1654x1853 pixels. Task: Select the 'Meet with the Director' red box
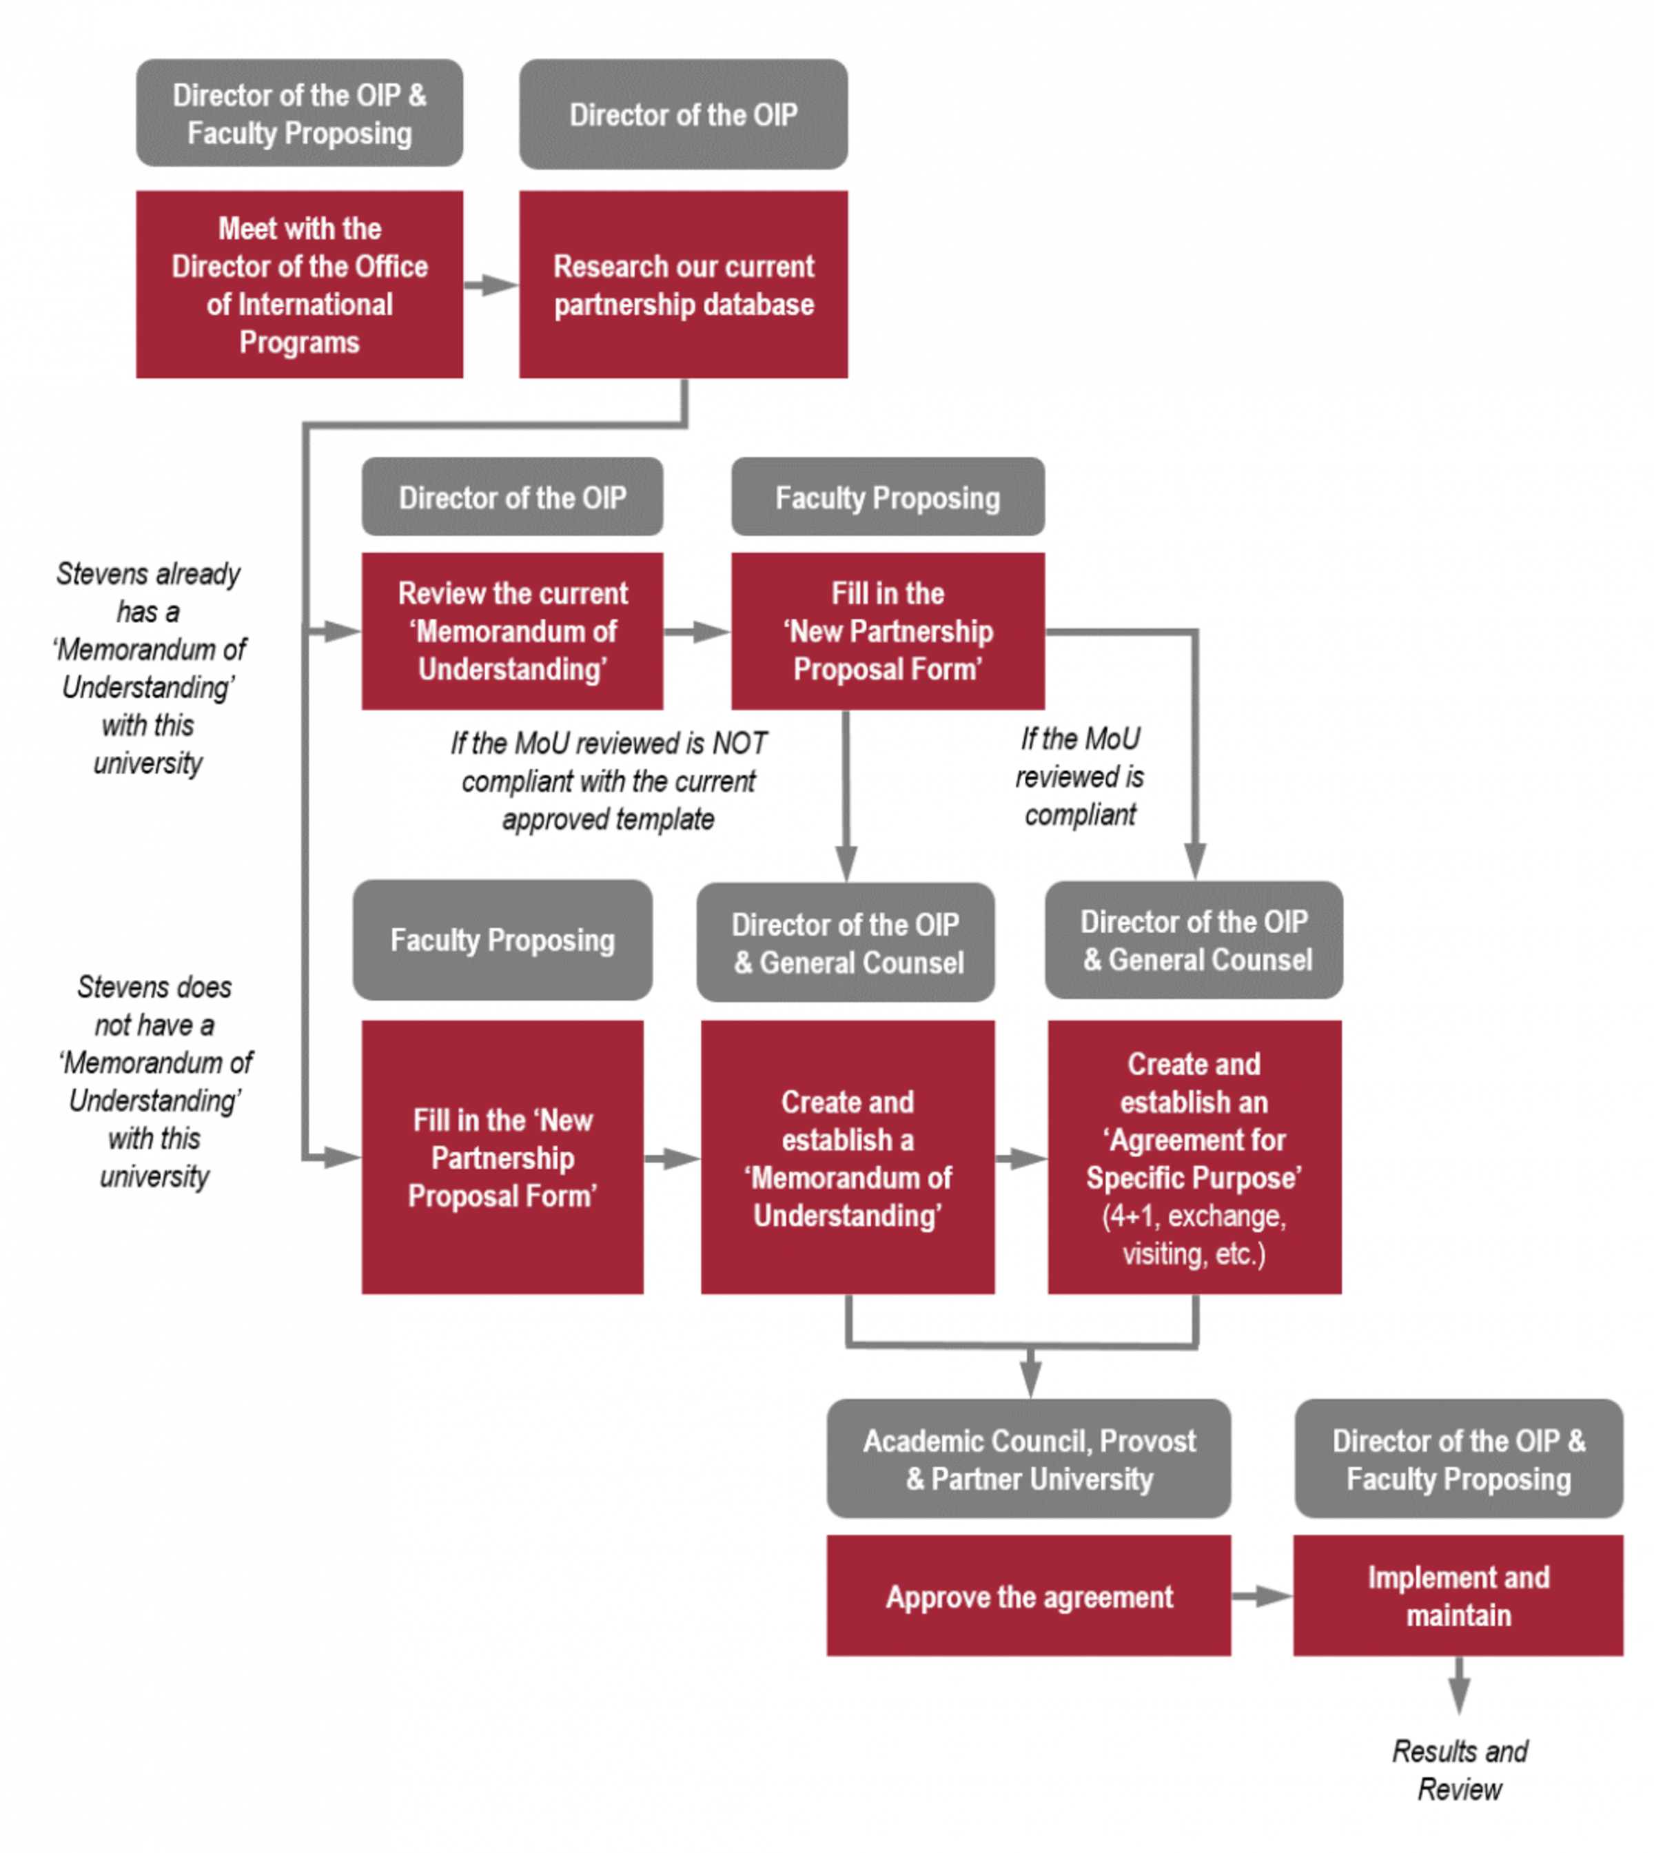pos(299,285)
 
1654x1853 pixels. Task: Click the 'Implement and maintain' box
pos(1458,1596)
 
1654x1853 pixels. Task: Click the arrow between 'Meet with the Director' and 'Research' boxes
pos(491,285)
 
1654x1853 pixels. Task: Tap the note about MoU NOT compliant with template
pos(608,781)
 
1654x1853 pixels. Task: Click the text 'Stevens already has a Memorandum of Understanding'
pos(148,668)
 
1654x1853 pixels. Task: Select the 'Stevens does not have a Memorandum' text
pos(154,1081)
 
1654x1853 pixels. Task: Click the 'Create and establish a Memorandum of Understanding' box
pos(847,1157)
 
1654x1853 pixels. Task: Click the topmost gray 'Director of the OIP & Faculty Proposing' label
pos(299,114)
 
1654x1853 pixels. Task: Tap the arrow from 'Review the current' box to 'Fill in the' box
pos(696,631)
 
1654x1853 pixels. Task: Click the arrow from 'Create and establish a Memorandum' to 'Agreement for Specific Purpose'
pos(1021,1158)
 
